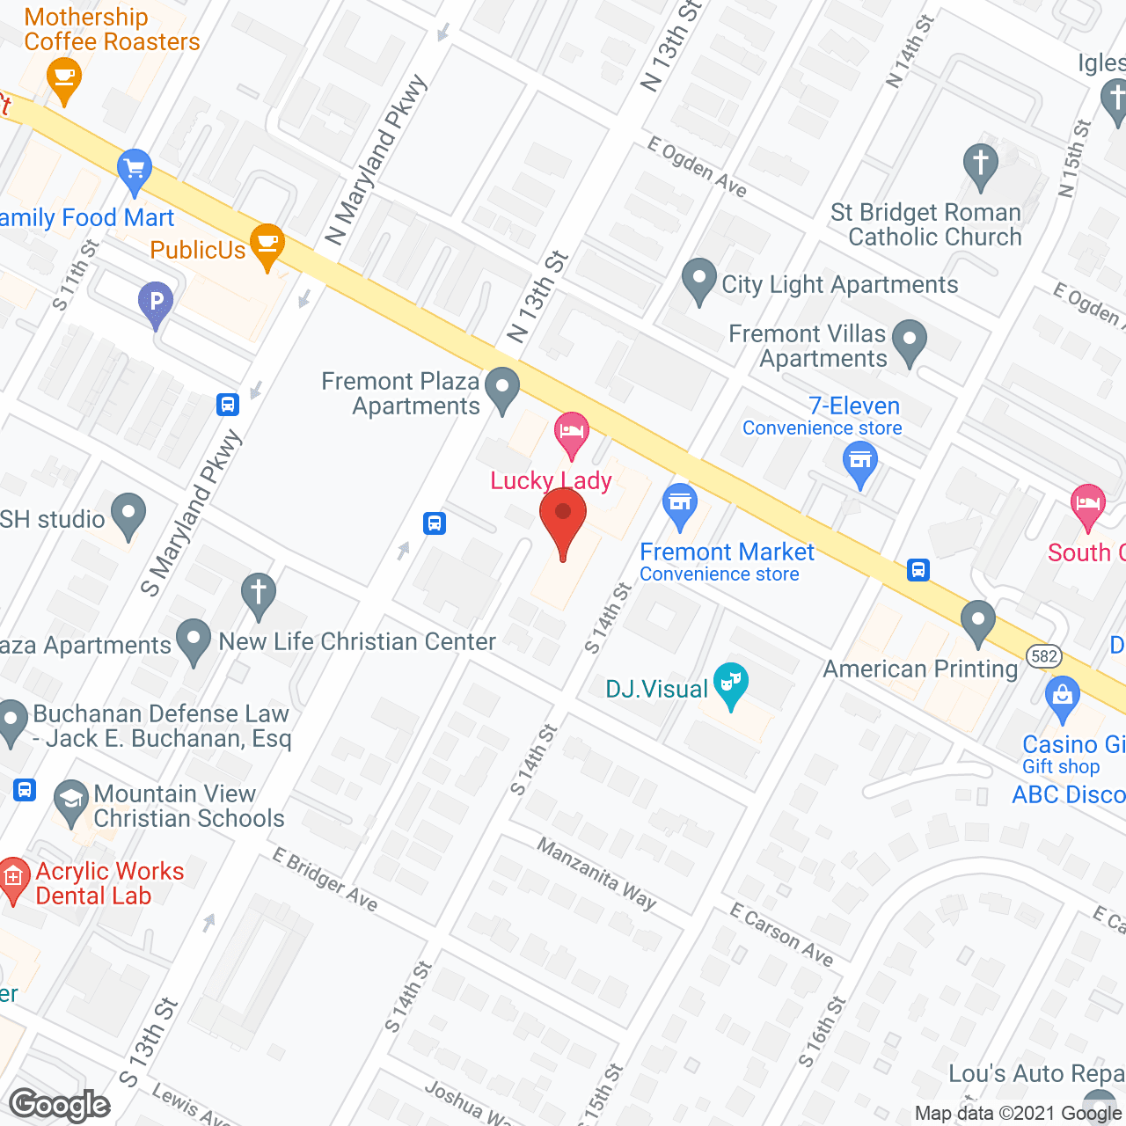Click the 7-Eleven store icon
coord(860,462)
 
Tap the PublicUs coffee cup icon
coord(267,245)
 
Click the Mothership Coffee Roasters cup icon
coord(63,77)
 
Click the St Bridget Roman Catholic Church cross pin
coord(980,165)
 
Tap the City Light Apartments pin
coord(699,281)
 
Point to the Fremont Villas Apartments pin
coord(910,340)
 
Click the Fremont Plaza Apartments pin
coord(503,388)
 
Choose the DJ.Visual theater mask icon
coord(731,684)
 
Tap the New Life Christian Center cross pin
coord(259,595)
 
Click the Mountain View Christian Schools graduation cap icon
coord(70,800)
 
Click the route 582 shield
coord(1044,656)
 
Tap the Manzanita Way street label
coord(597,873)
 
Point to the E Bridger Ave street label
coord(325,879)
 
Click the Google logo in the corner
coord(60,1105)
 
